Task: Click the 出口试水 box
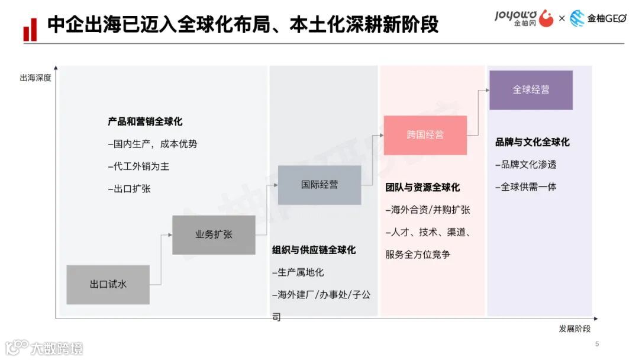[x=108, y=284]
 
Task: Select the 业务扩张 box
[x=214, y=234]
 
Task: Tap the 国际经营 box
[x=319, y=185]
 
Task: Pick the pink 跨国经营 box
[x=425, y=135]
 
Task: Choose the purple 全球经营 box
[x=531, y=90]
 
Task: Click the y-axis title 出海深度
[x=35, y=78]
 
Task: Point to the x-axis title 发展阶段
[x=574, y=329]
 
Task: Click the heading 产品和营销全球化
[x=145, y=122]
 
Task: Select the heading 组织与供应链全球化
[x=314, y=250]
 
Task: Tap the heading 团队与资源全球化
[x=422, y=187]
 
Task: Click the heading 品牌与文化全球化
[x=532, y=142]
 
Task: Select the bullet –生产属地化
[x=298, y=272]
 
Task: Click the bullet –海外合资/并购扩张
[x=427, y=210]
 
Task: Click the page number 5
[x=596, y=344]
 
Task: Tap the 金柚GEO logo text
[x=606, y=19]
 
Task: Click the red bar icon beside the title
[x=30, y=30]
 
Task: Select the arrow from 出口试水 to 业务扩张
[x=161, y=261]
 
